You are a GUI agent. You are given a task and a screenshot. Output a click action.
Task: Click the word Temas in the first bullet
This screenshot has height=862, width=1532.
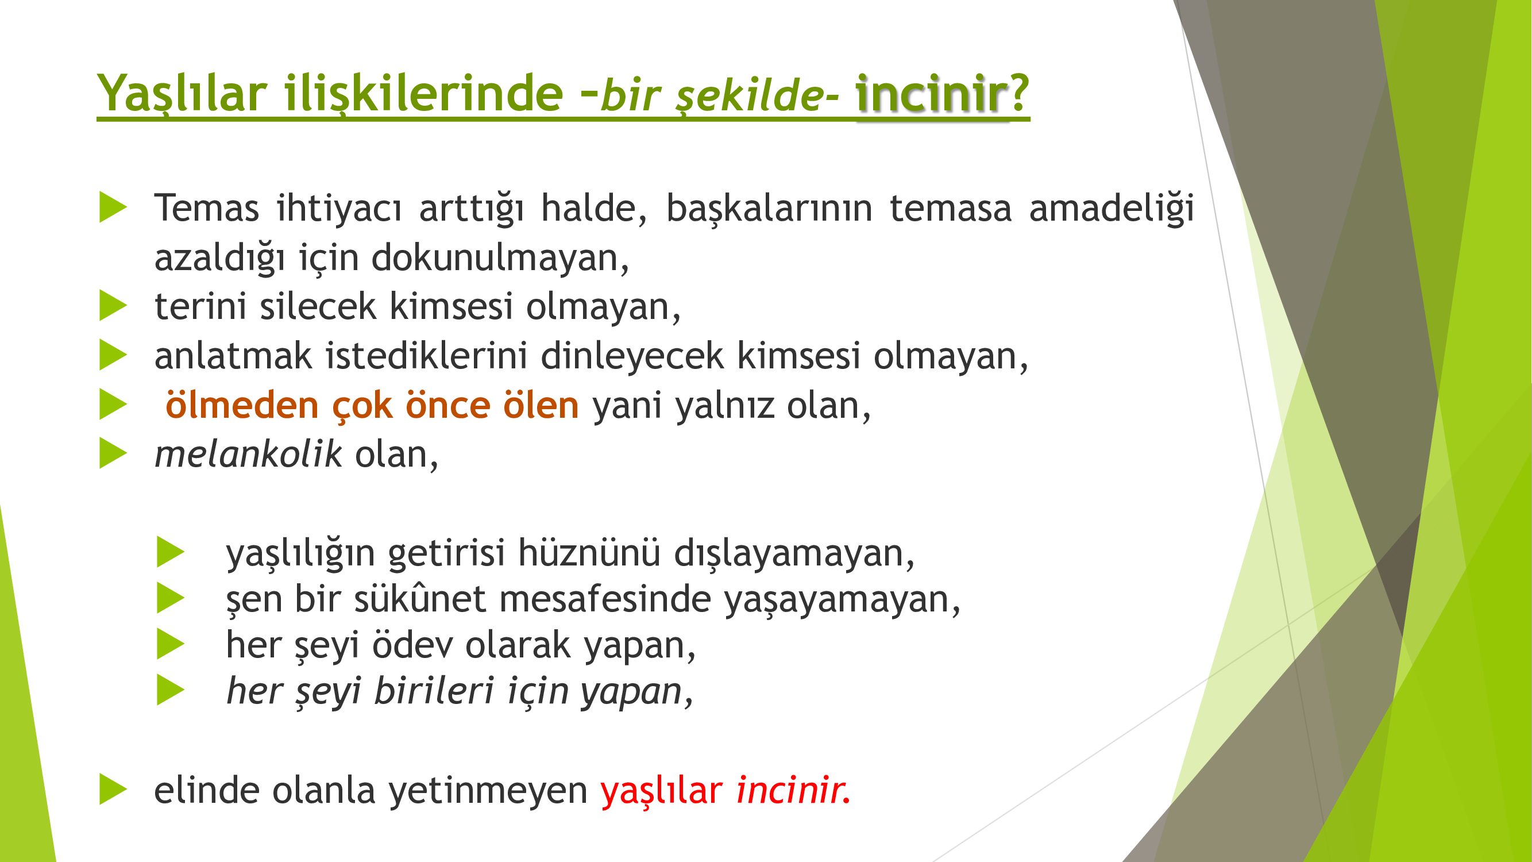207,208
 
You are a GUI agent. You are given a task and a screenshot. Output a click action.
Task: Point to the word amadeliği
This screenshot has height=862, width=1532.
1112,208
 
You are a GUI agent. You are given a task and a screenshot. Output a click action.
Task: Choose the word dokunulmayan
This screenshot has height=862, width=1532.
500,257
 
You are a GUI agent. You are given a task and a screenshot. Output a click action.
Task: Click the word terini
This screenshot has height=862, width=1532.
200,306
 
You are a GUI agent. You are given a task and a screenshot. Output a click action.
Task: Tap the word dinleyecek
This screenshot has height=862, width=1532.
632,356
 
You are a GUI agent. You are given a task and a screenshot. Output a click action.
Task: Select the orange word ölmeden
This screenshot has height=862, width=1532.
242,405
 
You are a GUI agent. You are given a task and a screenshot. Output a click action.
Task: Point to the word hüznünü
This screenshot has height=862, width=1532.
589,553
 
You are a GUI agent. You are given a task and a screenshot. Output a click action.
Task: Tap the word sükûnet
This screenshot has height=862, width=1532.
420,598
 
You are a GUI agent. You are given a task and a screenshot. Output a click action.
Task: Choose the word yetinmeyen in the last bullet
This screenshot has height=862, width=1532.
488,791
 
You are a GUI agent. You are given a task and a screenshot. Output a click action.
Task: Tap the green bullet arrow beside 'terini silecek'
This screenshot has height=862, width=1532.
113,306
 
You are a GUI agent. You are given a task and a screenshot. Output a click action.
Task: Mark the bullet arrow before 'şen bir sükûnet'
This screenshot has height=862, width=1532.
171,598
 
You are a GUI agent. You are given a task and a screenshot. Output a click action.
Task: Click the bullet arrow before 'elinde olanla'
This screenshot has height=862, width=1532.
113,790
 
